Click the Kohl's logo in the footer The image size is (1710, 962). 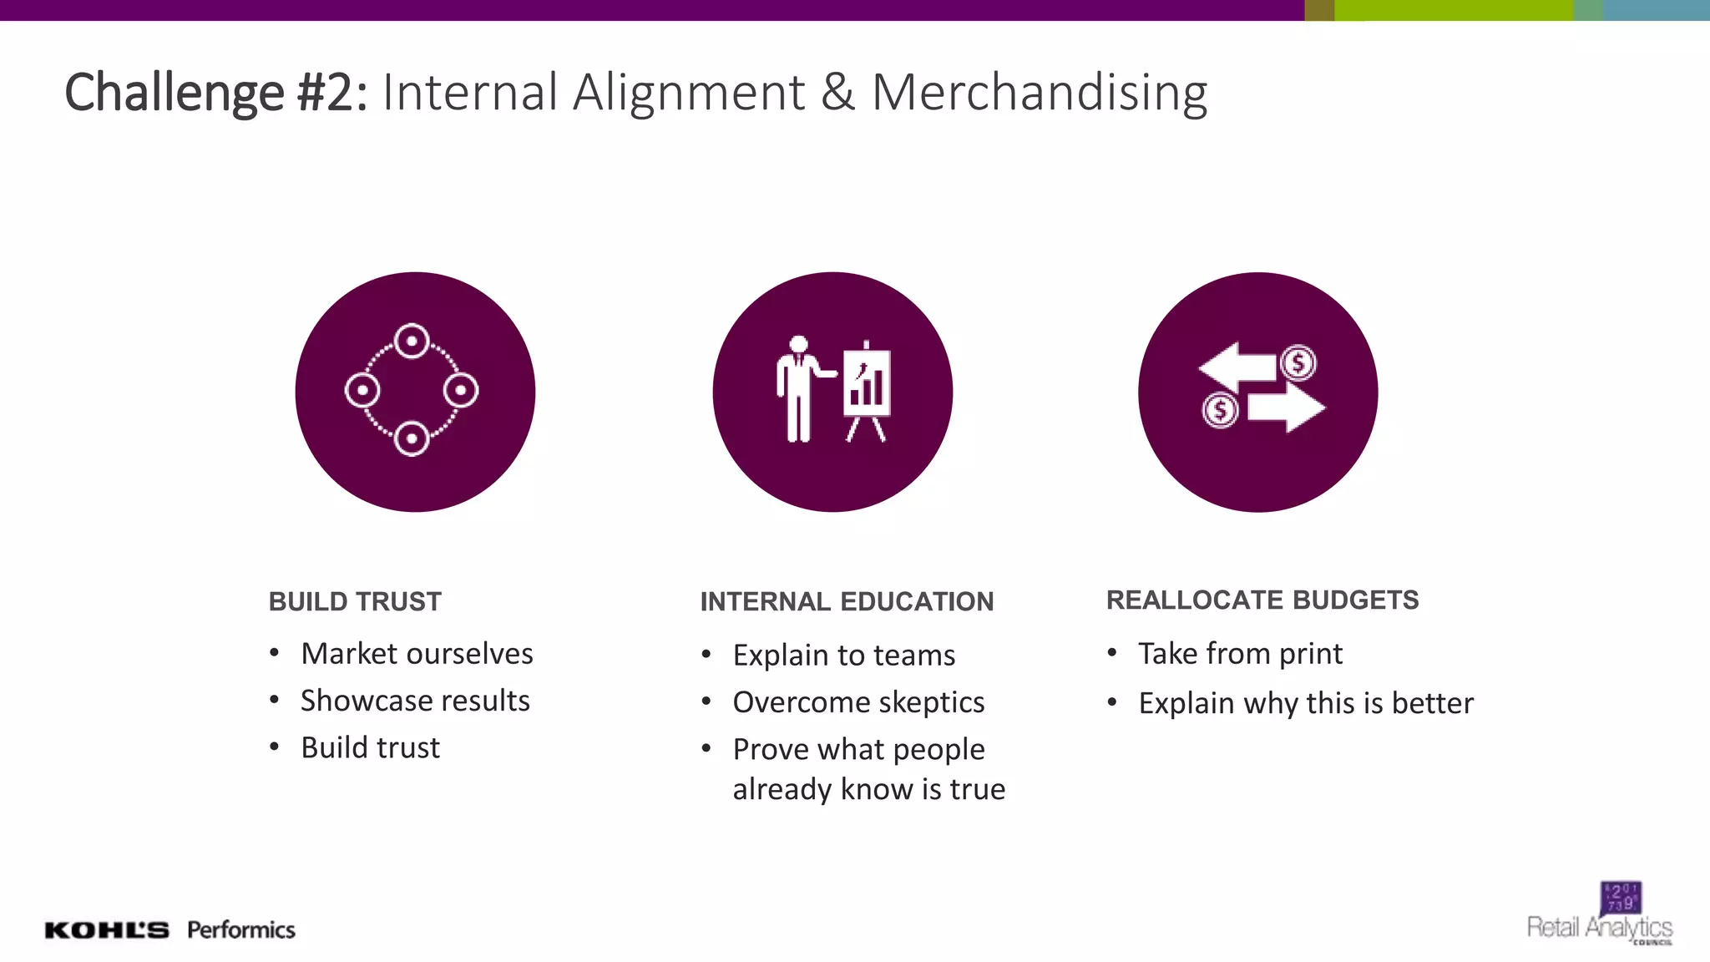pyautogui.click(x=106, y=930)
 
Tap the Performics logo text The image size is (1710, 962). pyautogui.click(x=241, y=929)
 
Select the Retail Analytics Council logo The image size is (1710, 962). pyautogui.click(x=1601, y=915)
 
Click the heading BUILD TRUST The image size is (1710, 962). pyautogui.click(x=355, y=601)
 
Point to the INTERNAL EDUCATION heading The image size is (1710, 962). pyautogui.click(x=847, y=601)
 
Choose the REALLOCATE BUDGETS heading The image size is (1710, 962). pyautogui.click(x=1262, y=600)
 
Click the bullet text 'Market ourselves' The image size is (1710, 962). pyautogui.click(x=417, y=653)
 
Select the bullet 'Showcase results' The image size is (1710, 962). pyautogui.click(x=415, y=701)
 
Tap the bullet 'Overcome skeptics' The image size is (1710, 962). pyautogui.click(x=858, y=702)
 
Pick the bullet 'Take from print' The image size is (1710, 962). pyautogui.click(x=1240, y=653)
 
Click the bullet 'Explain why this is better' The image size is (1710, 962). pyautogui.click(x=1306, y=703)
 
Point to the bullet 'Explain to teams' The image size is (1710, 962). pyautogui.click(x=843, y=656)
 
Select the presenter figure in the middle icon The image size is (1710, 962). pyautogui.click(x=799, y=388)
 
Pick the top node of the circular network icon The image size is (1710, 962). pyautogui.click(x=412, y=341)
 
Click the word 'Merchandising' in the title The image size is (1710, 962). pyautogui.click(x=1040, y=92)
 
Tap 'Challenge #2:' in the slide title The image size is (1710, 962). pyautogui.click(x=215, y=92)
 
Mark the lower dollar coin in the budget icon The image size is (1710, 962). pyautogui.click(x=1220, y=410)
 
